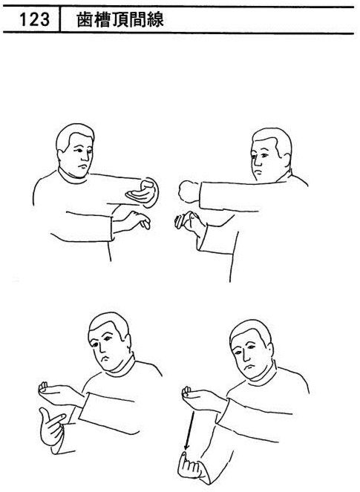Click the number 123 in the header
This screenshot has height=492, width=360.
click(34, 19)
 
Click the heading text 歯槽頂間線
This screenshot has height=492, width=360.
click(120, 19)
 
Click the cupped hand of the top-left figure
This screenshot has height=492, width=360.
click(143, 193)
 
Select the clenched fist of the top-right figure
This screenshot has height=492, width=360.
click(189, 191)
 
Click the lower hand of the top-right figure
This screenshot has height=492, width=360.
click(188, 221)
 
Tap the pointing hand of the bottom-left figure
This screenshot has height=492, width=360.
click(53, 425)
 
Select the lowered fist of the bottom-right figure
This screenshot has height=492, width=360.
click(190, 465)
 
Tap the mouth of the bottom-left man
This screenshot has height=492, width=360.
click(105, 358)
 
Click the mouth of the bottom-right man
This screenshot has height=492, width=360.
click(250, 366)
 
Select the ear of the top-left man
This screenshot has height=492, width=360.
click(61, 154)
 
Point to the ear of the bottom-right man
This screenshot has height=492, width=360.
click(270, 350)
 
